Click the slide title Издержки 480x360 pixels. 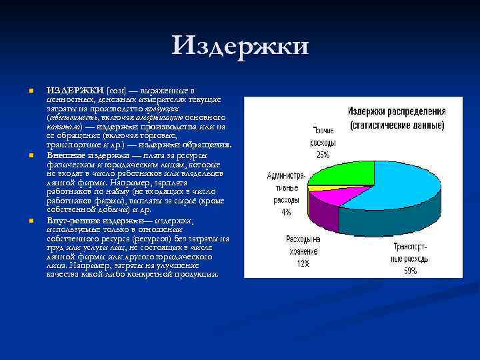(x=240, y=47)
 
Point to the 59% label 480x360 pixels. (x=409, y=271)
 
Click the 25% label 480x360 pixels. (x=323, y=155)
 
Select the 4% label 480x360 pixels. (x=286, y=212)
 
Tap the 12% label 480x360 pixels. (x=303, y=263)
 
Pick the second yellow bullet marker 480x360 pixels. (x=31, y=156)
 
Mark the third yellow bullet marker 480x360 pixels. (x=31, y=221)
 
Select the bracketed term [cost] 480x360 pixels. (x=116, y=91)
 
